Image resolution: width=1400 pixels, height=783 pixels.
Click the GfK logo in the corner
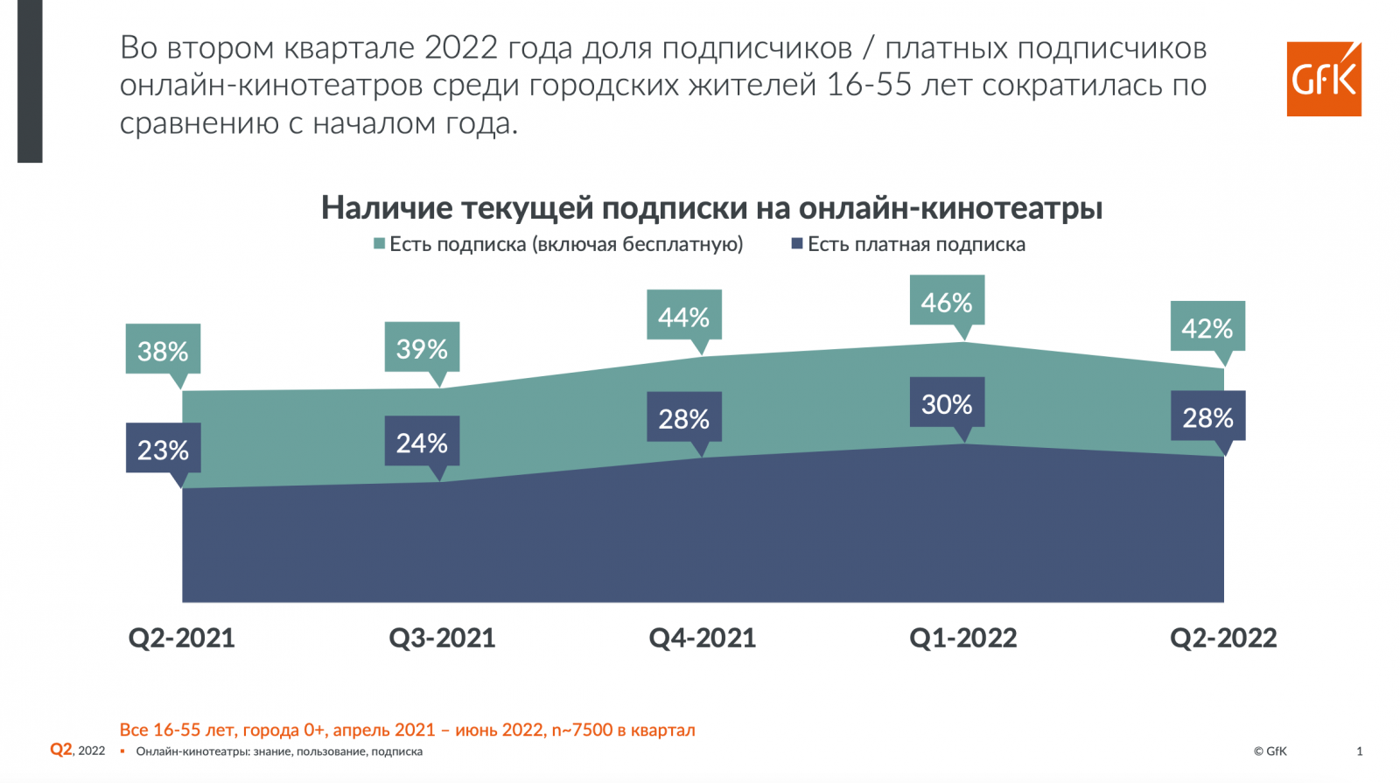(x=1323, y=79)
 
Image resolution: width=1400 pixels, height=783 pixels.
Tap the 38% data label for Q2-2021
(x=163, y=350)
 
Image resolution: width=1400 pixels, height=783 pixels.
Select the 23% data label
(x=163, y=449)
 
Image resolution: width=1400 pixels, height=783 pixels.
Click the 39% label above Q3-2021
(x=422, y=348)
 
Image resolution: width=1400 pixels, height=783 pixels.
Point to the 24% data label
(x=422, y=442)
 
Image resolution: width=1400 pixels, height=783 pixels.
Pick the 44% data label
(x=683, y=316)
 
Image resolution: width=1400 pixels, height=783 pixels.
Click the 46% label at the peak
(x=947, y=302)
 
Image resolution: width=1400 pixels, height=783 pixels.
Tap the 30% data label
(x=947, y=403)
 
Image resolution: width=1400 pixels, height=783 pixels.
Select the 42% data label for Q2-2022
(x=1207, y=327)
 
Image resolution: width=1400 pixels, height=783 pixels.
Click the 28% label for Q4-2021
(x=683, y=418)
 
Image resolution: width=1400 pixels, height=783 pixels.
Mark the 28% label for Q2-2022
(x=1207, y=416)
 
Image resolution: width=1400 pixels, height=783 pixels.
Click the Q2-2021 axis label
(x=182, y=638)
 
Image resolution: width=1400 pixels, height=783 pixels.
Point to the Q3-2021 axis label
(x=442, y=638)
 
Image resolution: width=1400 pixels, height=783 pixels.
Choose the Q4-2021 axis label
(x=703, y=638)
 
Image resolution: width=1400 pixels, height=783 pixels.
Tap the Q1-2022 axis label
(x=963, y=638)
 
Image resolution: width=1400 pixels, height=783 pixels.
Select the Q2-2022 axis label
(x=1223, y=638)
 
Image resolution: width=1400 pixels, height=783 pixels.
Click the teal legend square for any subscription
(x=380, y=244)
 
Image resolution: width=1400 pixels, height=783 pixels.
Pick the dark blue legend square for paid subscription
(x=797, y=244)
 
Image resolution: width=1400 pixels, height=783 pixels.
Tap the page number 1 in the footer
(x=1359, y=751)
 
